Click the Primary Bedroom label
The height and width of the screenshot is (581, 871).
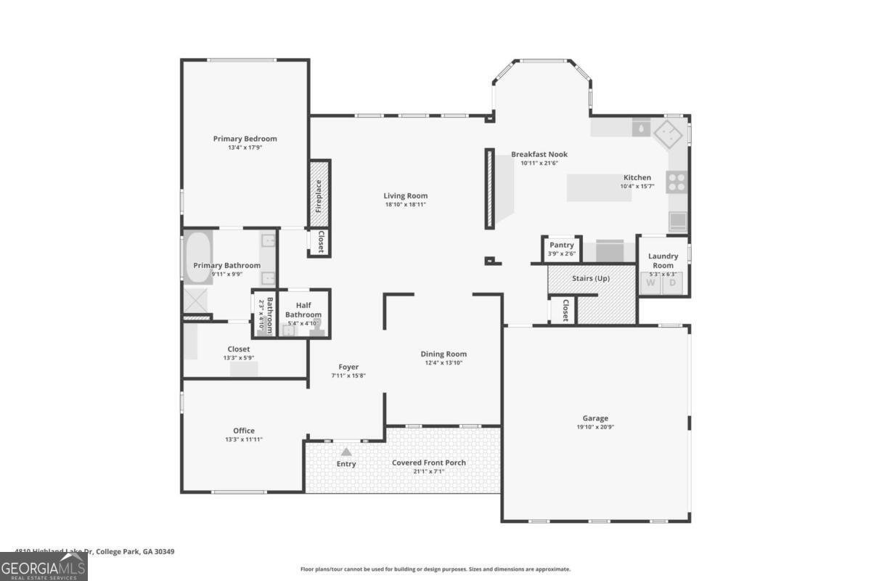245,139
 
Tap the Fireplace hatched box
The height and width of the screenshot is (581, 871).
320,193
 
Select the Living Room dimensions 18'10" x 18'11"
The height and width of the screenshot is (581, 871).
405,205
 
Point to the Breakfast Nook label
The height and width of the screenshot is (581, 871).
539,154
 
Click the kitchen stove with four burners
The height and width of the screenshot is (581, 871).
676,182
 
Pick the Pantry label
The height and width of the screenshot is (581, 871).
562,245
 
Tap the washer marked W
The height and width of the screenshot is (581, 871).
650,283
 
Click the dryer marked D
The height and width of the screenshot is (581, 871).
672,283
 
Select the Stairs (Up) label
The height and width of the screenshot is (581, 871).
591,279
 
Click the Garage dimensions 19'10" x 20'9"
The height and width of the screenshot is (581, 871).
595,427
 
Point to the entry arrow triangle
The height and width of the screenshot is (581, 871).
346,452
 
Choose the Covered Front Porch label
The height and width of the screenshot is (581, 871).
428,463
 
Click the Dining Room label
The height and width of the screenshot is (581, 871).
443,354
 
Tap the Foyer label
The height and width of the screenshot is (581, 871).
348,367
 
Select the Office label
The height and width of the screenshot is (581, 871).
244,431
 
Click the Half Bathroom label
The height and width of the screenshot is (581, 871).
303,310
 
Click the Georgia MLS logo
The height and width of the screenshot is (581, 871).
44,566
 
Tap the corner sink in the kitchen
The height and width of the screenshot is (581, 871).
666,134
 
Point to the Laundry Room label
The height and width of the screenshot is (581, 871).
663,260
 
